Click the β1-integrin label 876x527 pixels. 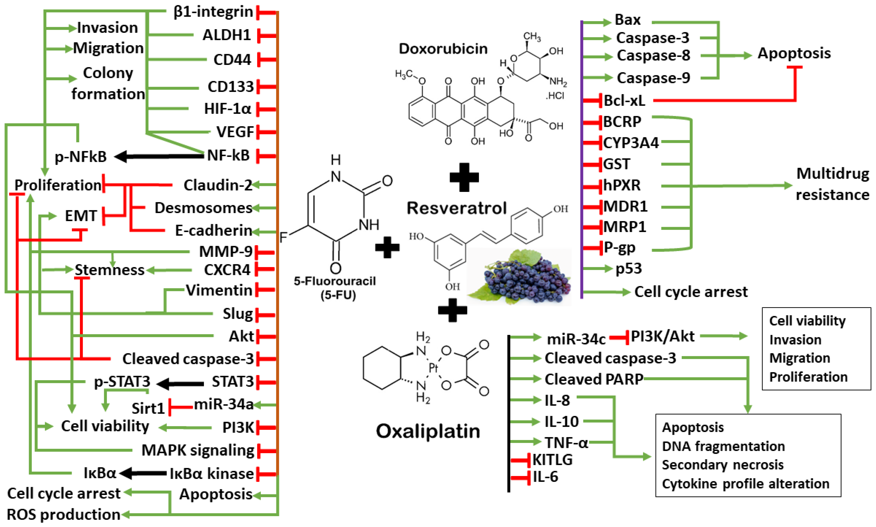coord(213,12)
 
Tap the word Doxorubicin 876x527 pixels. coord(443,49)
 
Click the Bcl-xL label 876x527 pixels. coord(624,101)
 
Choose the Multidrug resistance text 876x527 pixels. coord(832,184)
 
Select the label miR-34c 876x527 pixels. coord(576,339)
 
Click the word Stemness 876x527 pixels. coord(109,270)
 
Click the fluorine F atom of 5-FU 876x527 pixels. coord(283,237)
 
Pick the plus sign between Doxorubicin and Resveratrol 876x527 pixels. coord(464,177)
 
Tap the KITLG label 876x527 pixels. coord(552,460)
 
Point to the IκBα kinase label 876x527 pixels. coord(211,473)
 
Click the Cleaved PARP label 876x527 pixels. coord(594,379)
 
